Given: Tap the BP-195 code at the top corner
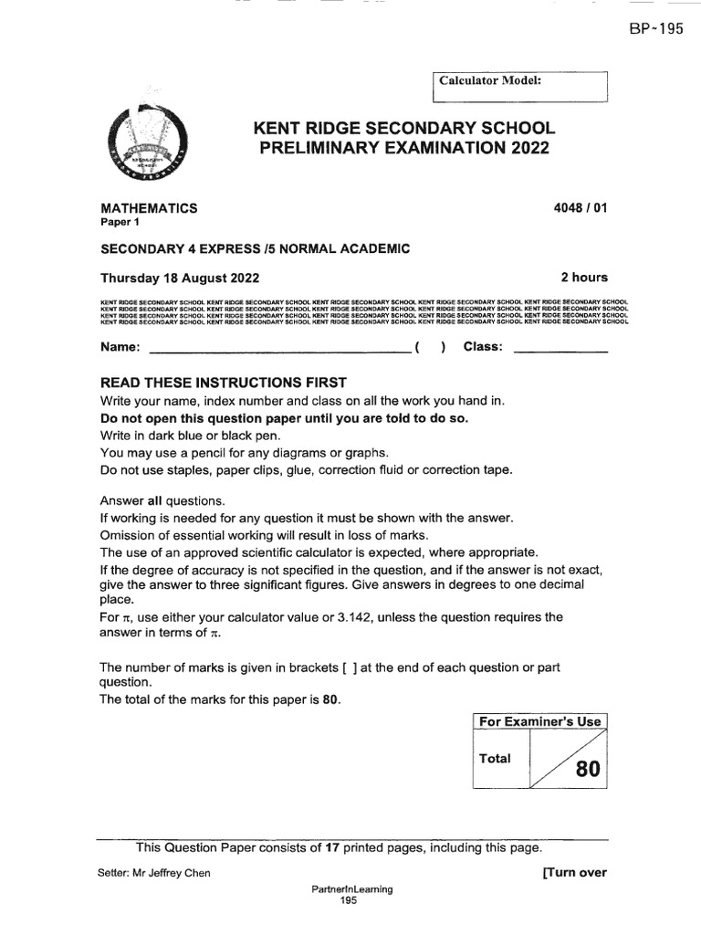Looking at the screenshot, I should tap(654, 28).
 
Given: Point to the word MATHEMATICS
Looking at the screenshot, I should tap(150, 208).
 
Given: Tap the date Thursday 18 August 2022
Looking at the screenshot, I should tap(180, 278).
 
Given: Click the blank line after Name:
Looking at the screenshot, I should tap(278, 349).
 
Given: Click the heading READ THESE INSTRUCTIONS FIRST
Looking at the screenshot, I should tap(224, 382).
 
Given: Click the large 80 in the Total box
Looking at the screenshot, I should tap(588, 771).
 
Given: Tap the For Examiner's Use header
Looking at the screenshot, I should tap(540, 721).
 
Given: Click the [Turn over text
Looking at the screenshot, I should tap(574, 872).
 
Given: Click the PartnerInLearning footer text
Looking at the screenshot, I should tap(352, 889).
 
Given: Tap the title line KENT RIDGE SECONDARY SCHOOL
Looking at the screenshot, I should tap(404, 129).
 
